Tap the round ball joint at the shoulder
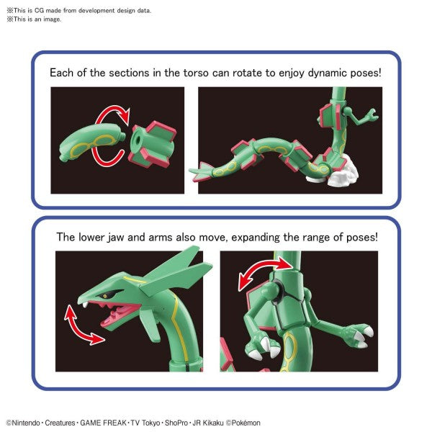283,294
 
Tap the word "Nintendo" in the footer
27,423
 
